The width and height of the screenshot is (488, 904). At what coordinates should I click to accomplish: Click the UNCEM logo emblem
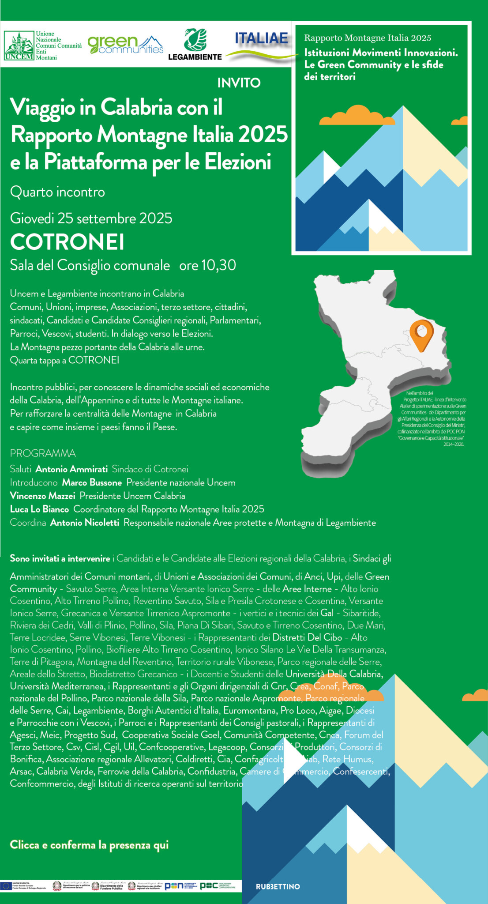19,45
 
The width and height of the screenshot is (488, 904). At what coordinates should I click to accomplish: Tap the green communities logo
125,45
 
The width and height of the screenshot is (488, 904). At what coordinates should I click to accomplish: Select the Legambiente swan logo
195,40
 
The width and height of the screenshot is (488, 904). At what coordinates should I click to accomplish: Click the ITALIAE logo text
261,38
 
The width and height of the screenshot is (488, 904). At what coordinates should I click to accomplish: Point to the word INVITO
239,83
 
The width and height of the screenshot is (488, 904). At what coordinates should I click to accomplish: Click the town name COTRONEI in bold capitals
67,242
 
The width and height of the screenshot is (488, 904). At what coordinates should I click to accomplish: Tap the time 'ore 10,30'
207,265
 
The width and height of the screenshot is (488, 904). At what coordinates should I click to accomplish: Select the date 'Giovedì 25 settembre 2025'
91,218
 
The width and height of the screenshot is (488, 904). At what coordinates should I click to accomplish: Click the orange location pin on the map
421,334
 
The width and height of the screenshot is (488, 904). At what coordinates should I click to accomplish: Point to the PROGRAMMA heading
43,453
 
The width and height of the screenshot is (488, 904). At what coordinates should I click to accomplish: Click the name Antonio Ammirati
71,469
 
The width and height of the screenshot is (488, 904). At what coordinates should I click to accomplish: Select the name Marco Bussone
92,482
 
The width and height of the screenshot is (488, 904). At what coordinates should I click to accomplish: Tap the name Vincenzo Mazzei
42,496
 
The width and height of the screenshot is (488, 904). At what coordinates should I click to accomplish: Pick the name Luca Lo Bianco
39,509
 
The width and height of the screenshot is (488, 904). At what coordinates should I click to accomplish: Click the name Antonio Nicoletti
85,523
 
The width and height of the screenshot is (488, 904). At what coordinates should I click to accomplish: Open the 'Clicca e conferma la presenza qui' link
89,845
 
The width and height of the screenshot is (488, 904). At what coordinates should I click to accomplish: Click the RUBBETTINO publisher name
278,886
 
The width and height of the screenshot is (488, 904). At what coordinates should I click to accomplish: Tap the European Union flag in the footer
6,885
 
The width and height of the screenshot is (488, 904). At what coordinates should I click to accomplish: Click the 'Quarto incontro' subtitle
57,192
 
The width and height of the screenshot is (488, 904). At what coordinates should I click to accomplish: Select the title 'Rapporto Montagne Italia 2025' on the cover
368,38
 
